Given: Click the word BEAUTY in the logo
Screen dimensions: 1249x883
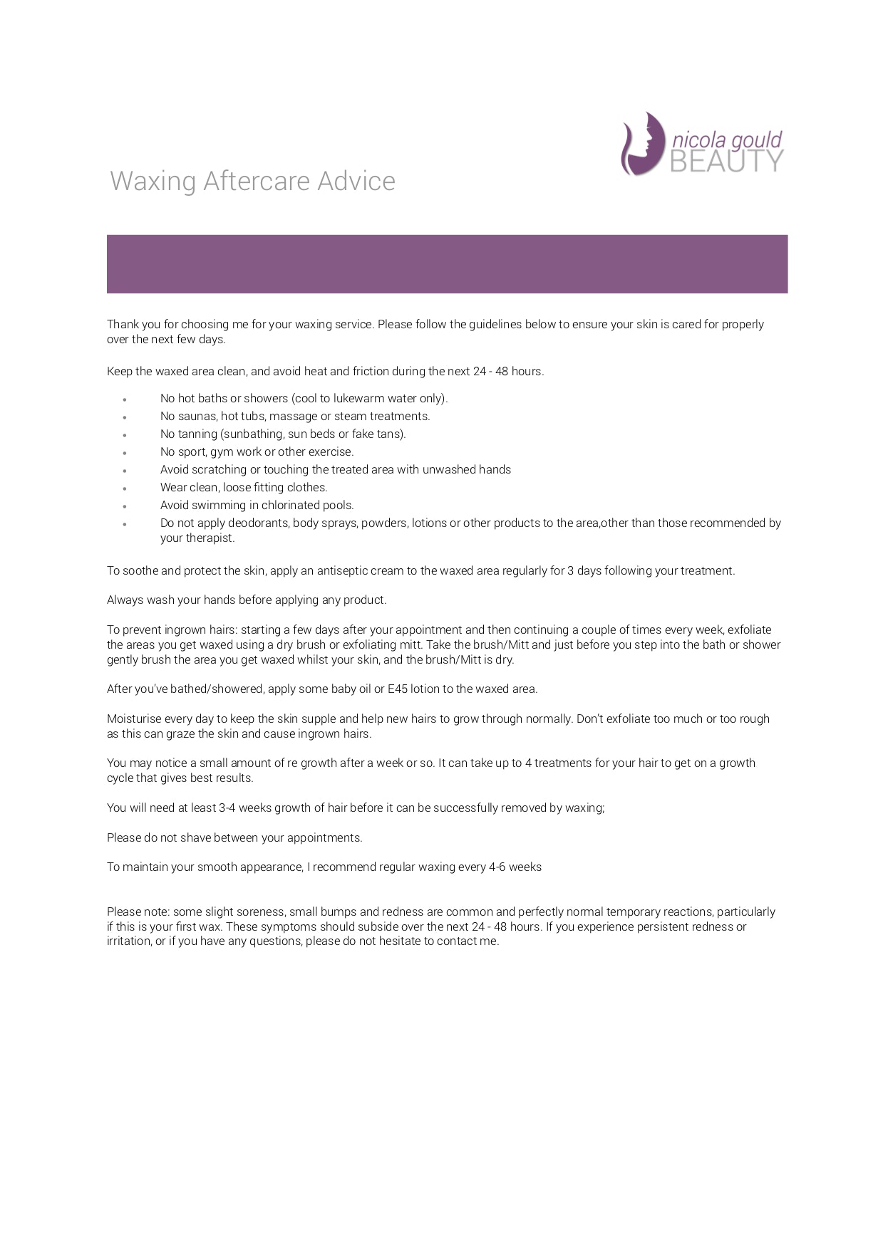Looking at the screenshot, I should (727, 162).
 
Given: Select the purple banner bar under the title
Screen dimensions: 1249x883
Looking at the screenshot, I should (447, 264).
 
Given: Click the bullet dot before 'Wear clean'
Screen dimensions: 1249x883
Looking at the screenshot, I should (125, 488).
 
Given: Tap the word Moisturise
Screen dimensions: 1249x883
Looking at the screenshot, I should (134, 718).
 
